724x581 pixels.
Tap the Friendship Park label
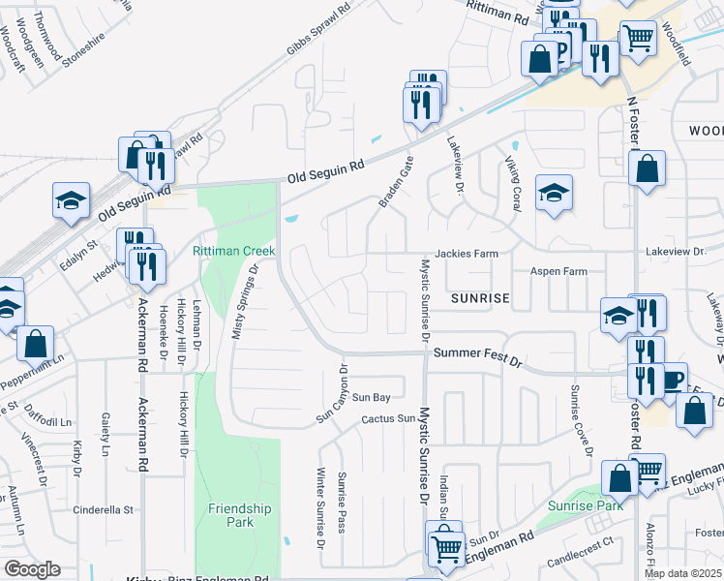(x=240, y=515)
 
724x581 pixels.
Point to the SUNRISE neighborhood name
(x=480, y=299)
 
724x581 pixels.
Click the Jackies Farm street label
(x=466, y=254)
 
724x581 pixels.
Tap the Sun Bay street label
(x=371, y=397)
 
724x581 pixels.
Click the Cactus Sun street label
(x=387, y=418)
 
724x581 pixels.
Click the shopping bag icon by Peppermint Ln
(x=35, y=343)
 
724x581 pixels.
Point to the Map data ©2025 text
(x=682, y=573)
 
